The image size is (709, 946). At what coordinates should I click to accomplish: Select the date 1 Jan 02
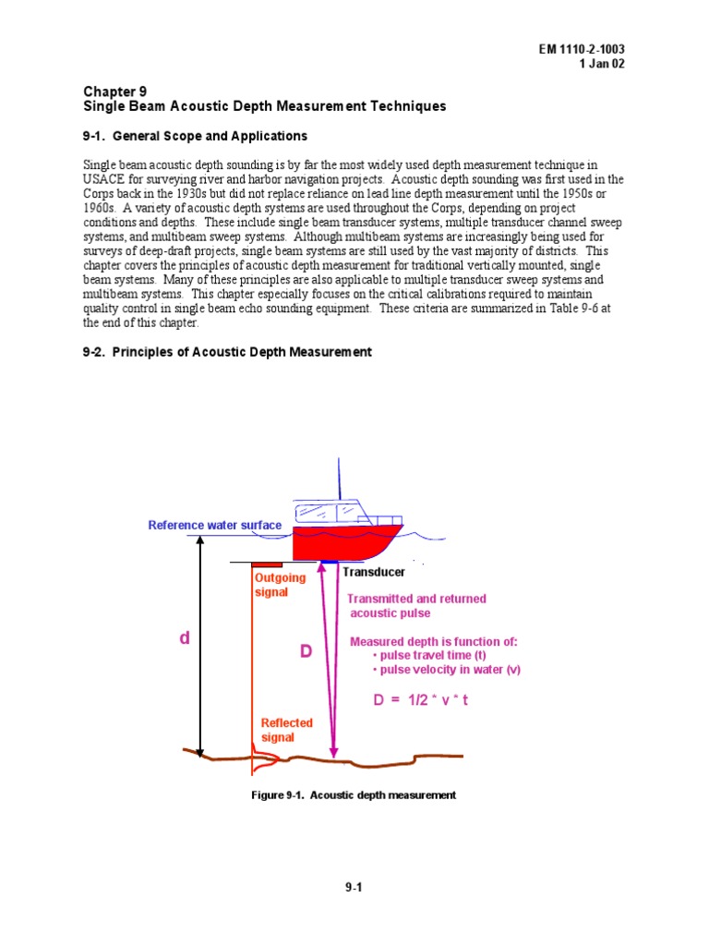(x=610, y=64)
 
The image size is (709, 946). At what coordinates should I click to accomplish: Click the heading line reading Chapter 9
(x=115, y=91)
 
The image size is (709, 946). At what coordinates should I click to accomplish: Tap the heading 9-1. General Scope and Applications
(x=196, y=136)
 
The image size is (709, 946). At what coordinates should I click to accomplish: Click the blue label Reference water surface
(x=215, y=526)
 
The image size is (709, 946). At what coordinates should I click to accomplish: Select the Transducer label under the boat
(x=374, y=572)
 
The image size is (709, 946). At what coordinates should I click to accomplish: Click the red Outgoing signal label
(x=280, y=585)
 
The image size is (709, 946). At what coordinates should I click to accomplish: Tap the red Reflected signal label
(x=286, y=730)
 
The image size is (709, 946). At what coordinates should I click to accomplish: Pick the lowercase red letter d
(x=185, y=638)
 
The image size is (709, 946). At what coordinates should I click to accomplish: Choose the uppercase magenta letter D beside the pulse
(x=306, y=652)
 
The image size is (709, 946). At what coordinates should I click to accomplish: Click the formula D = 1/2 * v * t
(x=421, y=700)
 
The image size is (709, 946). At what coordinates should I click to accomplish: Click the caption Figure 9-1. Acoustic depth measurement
(x=354, y=795)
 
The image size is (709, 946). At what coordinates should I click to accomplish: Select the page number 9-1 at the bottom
(x=354, y=888)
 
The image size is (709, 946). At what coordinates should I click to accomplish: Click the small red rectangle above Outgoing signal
(x=268, y=564)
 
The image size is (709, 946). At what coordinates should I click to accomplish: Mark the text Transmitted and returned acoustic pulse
(x=415, y=606)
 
